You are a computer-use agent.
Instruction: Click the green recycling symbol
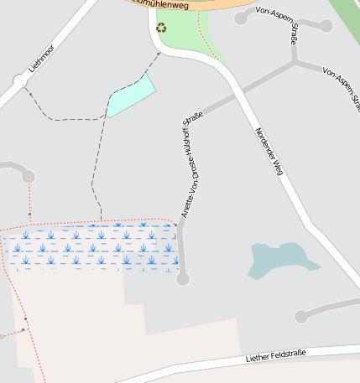point(161,27)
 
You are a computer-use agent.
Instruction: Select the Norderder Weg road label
point(269,151)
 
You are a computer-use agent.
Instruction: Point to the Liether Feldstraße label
point(276,357)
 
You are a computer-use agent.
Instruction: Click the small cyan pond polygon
point(131,96)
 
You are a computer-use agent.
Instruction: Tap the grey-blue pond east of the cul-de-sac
point(280,259)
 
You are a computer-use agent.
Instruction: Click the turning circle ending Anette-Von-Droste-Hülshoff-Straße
point(183,278)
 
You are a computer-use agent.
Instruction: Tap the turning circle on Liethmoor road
point(19,81)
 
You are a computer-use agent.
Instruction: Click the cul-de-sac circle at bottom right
point(302,317)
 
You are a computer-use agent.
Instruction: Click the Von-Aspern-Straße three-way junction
point(294,61)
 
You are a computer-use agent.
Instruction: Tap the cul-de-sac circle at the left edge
point(29,175)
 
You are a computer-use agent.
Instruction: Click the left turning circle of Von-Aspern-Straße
point(242,18)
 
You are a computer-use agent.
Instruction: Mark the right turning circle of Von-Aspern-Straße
point(326,26)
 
